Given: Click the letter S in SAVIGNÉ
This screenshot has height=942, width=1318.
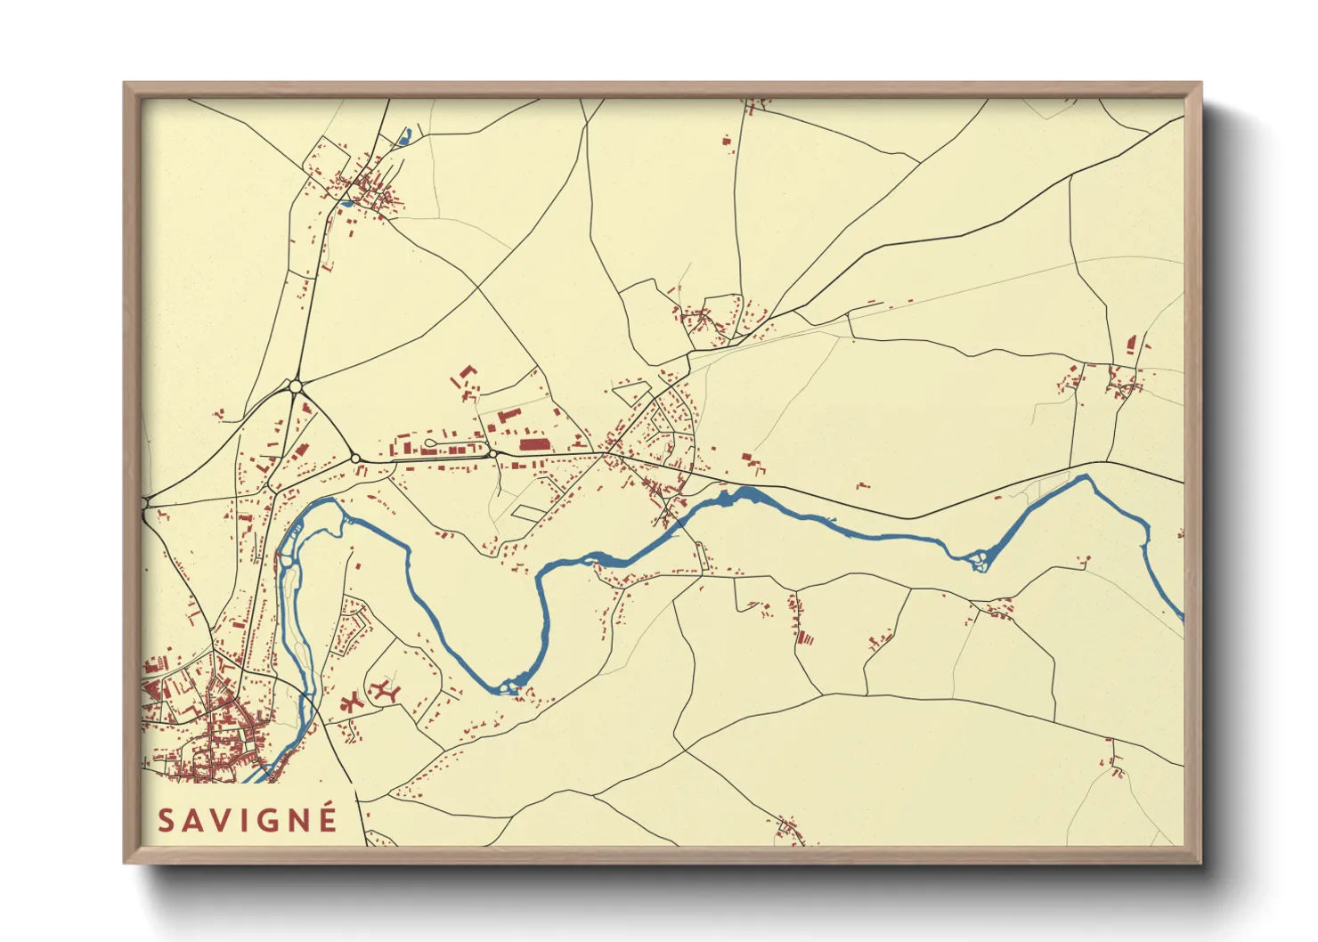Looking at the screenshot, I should [166, 820].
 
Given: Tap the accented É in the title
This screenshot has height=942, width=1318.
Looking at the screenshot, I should [327, 818].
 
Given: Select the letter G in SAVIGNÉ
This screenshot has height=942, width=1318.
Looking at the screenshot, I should [267, 820].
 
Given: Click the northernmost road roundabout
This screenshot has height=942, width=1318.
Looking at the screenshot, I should [296, 386].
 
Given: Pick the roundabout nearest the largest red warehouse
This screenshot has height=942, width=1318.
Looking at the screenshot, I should [492, 454].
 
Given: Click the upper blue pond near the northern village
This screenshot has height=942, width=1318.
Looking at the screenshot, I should [407, 135].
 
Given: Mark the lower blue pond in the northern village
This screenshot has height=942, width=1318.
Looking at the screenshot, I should [346, 203].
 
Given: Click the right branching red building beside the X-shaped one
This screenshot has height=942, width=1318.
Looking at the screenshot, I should [385, 689].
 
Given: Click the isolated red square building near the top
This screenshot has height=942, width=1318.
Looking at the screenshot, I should [727, 140].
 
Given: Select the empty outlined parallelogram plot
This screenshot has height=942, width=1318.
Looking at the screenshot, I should [528, 512].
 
